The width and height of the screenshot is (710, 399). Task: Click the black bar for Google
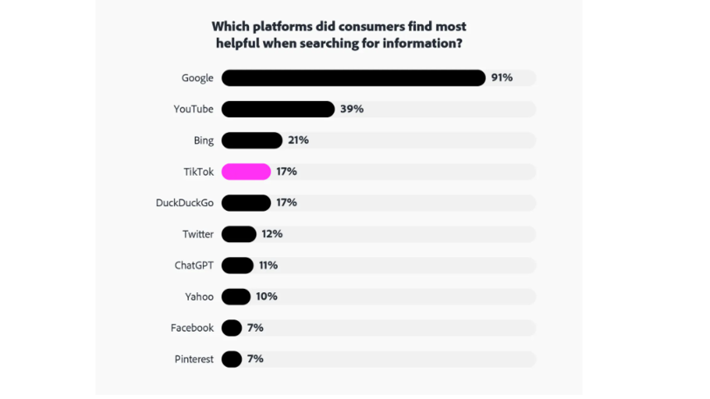(353, 78)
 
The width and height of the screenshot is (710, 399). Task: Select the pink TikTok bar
(246, 172)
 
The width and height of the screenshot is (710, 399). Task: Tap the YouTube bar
(278, 109)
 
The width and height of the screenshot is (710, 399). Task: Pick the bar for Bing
(251, 140)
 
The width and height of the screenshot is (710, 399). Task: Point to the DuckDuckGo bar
(246, 203)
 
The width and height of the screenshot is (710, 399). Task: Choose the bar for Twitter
(238, 234)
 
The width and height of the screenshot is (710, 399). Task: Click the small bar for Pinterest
(232, 359)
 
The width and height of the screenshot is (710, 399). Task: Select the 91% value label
(501, 78)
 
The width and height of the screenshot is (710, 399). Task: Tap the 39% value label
(352, 109)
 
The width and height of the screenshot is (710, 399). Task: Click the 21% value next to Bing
(298, 140)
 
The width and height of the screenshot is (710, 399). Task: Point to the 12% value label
(272, 234)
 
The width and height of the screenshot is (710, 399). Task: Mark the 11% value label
(269, 265)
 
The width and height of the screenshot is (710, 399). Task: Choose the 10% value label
(266, 296)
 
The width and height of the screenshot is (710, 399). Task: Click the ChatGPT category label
(194, 265)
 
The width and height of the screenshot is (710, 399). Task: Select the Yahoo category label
(199, 296)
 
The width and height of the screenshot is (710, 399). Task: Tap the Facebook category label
(192, 328)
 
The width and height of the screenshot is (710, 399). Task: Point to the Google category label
(197, 78)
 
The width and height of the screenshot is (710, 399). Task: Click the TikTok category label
(198, 172)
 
